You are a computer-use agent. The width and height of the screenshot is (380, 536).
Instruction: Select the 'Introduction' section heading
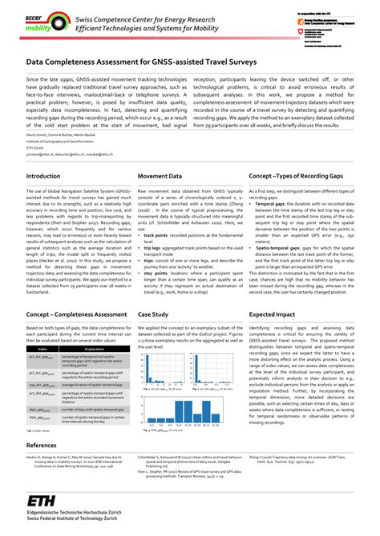point(42,197)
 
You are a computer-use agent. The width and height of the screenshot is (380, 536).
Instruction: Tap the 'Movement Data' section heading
point(160,197)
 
